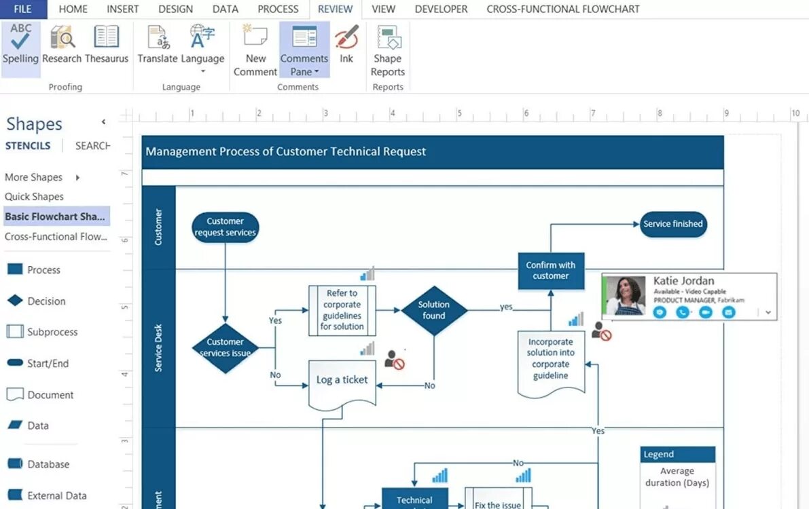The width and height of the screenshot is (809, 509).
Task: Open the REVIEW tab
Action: pos(335,10)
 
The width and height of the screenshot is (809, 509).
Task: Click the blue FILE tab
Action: pos(23,10)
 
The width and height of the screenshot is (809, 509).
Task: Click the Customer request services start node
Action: pos(225,227)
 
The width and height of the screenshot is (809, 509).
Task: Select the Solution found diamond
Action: pos(434,310)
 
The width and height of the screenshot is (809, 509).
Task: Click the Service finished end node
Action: pos(673,224)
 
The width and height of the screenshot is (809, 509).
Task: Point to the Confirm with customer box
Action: pos(550,271)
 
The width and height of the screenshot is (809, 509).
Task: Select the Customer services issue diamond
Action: pos(225,347)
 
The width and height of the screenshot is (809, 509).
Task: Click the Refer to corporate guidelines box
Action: pos(342,310)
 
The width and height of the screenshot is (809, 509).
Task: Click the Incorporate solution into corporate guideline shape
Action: pos(551,360)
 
